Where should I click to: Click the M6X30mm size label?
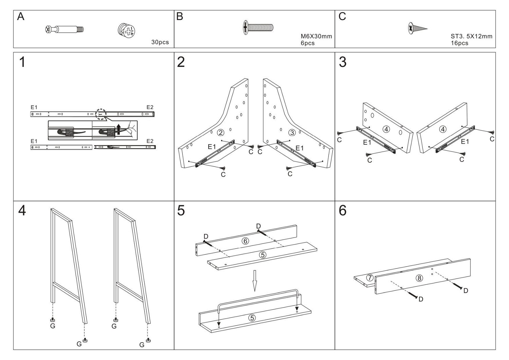316,36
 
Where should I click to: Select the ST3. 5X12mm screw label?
471,36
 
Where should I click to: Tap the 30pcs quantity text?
160,42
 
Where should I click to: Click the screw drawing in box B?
258,27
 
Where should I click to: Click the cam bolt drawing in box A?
64,29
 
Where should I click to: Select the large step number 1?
22,62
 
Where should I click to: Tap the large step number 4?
22,211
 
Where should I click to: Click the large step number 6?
343,211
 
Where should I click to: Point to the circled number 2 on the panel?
221,132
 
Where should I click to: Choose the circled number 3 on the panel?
292,132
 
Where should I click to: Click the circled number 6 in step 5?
245,241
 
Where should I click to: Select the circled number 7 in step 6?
370,278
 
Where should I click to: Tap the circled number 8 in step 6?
419,278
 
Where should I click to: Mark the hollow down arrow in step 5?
254,281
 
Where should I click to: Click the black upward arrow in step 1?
118,129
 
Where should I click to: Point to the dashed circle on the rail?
100,114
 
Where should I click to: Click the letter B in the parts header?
180,17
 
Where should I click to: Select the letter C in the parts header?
342,17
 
